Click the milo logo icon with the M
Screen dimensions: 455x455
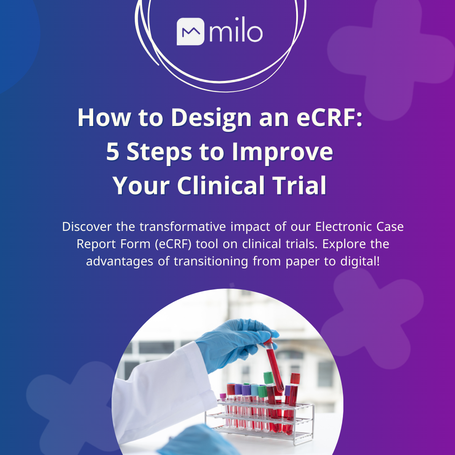click(x=190, y=32)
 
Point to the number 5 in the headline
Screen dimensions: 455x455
click(x=113, y=152)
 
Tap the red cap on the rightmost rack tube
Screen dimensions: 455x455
click(x=295, y=378)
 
